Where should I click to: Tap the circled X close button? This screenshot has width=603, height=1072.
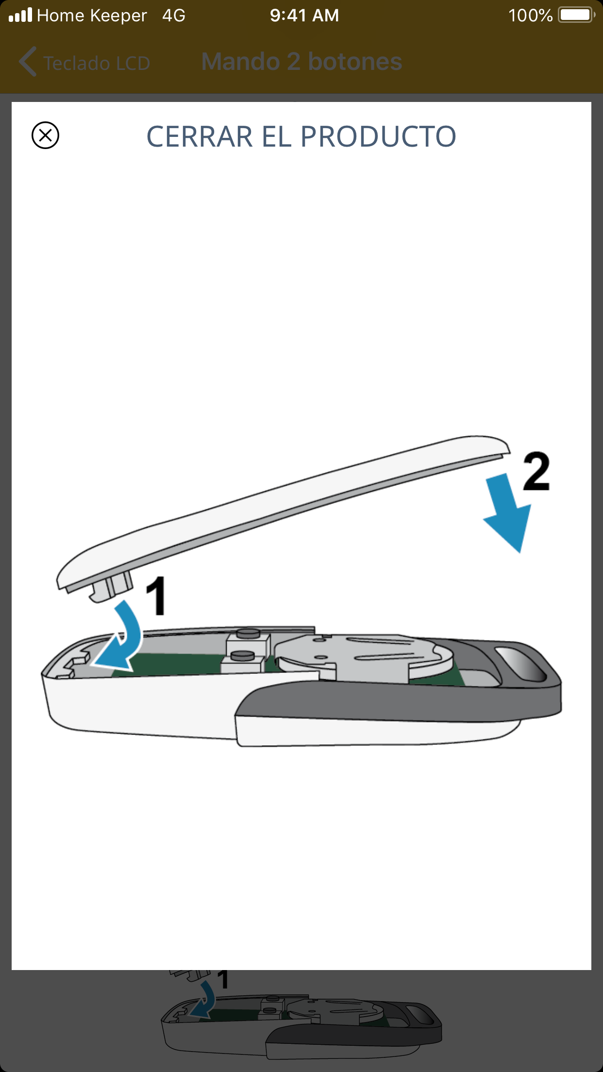(45, 135)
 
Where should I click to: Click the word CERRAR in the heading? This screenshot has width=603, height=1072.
(200, 136)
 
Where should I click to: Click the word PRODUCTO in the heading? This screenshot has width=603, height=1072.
(378, 136)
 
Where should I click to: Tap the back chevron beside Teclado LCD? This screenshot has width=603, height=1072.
(27, 62)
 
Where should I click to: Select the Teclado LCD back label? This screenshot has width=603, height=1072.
(97, 63)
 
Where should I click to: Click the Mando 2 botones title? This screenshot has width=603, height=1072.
(301, 62)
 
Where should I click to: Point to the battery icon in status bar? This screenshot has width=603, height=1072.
(577, 15)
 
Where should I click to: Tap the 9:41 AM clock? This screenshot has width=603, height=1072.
(304, 16)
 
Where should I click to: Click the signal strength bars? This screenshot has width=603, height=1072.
(20, 15)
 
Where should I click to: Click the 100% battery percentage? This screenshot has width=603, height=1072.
(530, 16)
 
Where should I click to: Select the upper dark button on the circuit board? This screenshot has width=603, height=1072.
(248, 633)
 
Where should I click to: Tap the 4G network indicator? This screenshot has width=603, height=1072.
(174, 16)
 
